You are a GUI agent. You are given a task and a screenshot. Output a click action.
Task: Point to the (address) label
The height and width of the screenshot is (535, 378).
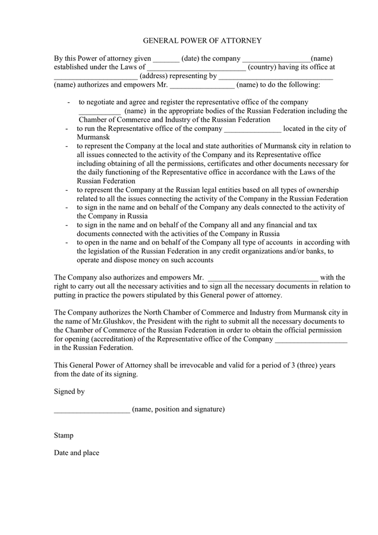[153, 76]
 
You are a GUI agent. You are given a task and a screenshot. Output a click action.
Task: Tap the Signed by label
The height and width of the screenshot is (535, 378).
[69, 392]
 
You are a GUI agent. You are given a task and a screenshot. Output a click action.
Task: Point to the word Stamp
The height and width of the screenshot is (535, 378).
[64, 435]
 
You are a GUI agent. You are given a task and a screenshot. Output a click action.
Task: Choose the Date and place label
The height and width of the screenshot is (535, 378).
[76, 453]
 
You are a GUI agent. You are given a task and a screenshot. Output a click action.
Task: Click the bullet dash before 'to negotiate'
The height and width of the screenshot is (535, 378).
[69, 102]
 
